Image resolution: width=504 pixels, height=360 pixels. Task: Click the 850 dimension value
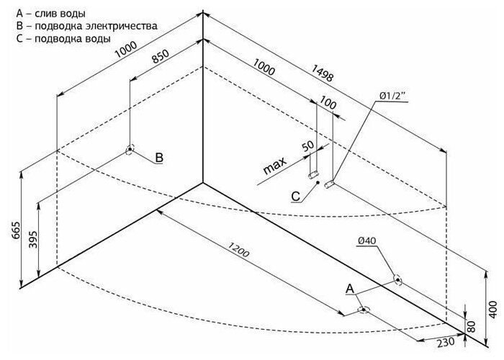point(161,56)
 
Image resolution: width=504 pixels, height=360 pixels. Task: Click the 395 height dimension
point(32,239)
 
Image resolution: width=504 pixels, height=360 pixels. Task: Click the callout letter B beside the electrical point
point(160,157)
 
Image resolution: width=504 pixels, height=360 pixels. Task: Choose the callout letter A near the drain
point(350,288)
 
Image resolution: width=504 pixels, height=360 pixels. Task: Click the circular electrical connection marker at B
point(130,150)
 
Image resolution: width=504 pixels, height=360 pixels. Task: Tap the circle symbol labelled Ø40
point(396,279)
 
